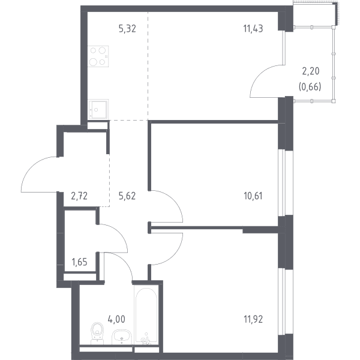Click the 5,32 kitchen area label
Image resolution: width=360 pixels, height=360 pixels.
[x=127, y=29]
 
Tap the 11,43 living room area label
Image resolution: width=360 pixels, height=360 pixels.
[x=253, y=29]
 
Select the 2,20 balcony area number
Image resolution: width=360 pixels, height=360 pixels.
[x=311, y=71]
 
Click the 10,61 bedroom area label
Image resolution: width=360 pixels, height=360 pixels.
[x=253, y=196]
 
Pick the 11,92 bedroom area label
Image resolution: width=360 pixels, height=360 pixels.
[x=253, y=319]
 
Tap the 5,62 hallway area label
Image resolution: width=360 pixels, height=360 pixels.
[x=127, y=196]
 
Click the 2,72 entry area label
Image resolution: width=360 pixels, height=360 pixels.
[x=79, y=196]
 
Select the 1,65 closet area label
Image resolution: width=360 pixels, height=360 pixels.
[x=79, y=262]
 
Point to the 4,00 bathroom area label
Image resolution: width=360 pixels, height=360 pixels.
[x=116, y=319]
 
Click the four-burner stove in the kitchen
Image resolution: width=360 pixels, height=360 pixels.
[x=98, y=56]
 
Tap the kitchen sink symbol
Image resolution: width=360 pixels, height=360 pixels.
[x=98, y=109]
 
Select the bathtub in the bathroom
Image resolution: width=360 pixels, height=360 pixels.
[x=146, y=316]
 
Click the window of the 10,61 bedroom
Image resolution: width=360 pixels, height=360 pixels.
[x=281, y=183]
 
